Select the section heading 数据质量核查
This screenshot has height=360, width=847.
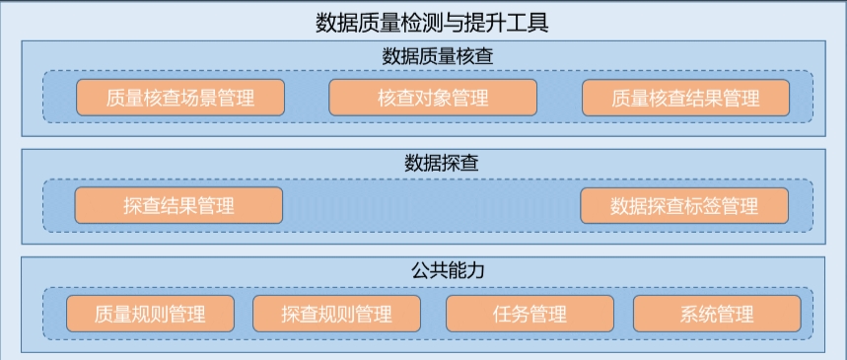tap(423, 55)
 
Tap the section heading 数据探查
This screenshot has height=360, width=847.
tap(423, 162)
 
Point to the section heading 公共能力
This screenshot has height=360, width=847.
tap(423, 269)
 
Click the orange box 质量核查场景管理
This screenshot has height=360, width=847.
tap(180, 98)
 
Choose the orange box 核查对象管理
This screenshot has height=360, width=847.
tap(432, 98)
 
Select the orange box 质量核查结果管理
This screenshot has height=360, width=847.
tap(685, 98)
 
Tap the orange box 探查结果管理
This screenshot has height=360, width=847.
tap(178, 205)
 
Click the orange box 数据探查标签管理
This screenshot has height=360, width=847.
tap(684, 205)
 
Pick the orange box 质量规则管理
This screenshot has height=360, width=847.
tap(150, 314)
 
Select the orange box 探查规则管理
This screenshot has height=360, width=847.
tap(336, 314)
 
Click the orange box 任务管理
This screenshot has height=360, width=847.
tap(529, 314)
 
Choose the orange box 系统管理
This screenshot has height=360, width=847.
tap(717, 314)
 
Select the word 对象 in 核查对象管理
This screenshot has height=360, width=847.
tap(433, 98)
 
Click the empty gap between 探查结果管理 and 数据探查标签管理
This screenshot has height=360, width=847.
tap(432, 205)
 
